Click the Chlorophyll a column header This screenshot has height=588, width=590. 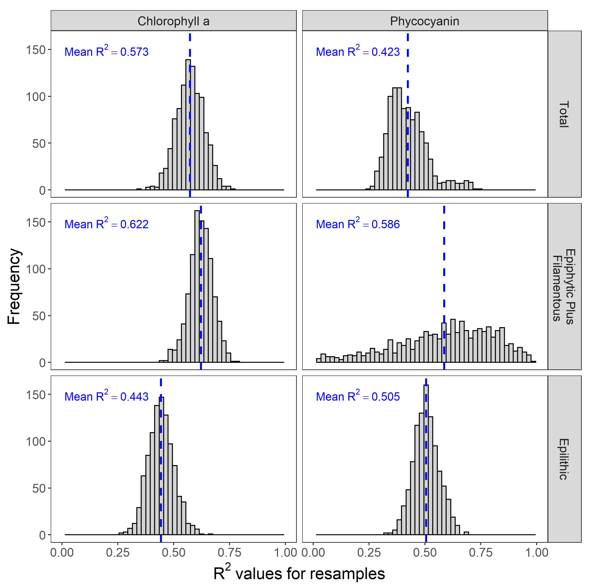173,21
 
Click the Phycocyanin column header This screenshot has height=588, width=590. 425,21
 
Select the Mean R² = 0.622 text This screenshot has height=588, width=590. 106,224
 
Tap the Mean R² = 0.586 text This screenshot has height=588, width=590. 358,224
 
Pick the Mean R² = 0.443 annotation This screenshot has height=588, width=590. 106,396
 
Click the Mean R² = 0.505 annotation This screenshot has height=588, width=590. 358,396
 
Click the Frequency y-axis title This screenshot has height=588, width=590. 14,286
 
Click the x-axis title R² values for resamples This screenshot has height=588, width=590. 299,573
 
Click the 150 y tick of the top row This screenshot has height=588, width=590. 35,50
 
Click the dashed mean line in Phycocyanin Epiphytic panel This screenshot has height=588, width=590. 444,260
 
